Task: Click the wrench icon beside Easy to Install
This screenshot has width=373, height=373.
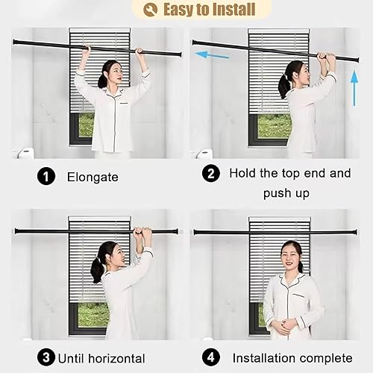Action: point(150,10)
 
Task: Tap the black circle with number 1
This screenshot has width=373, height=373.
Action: point(46,177)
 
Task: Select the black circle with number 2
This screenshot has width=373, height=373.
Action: point(211,173)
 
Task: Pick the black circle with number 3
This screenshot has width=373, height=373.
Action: point(46,357)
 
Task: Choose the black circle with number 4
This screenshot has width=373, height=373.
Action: point(211,357)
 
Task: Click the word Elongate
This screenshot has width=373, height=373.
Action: point(93,178)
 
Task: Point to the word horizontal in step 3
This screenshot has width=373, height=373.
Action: point(116,359)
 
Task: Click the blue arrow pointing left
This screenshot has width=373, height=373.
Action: point(212,54)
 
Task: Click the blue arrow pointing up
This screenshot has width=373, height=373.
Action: point(354,88)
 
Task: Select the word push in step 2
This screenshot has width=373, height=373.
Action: point(275,194)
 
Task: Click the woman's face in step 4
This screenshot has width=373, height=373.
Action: point(290,254)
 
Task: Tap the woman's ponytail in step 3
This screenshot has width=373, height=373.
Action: point(97,269)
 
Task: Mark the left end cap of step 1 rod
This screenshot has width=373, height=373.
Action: point(15,42)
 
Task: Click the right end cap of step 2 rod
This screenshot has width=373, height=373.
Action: point(357,60)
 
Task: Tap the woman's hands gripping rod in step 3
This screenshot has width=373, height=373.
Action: point(142,232)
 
